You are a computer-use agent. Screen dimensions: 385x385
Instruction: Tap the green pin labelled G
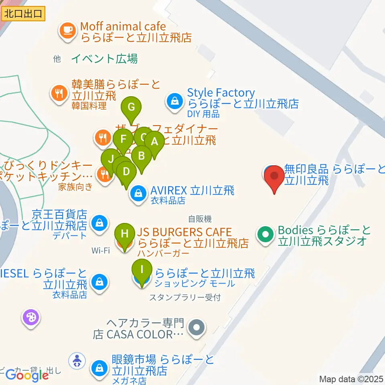(x=131, y=107)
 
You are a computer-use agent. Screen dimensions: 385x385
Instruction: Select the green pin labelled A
(x=154, y=142)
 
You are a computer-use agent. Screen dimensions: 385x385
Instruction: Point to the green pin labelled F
(x=123, y=140)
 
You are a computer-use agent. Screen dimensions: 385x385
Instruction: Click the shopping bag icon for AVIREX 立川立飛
(x=138, y=195)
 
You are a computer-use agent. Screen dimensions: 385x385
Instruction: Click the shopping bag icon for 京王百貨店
(x=99, y=222)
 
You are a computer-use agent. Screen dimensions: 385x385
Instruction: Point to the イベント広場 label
(x=105, y=59)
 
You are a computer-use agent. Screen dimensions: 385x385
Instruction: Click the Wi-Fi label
(x=101, y=251)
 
